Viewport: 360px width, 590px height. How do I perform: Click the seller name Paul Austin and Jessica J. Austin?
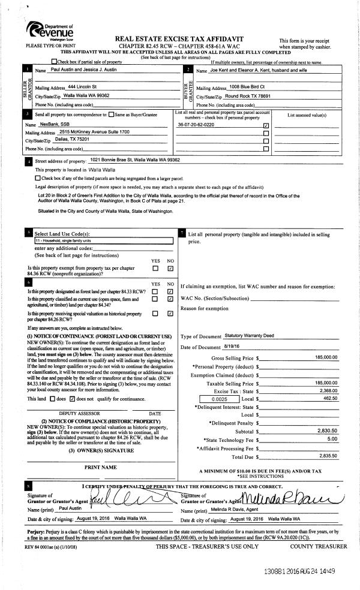(x=86, y=71)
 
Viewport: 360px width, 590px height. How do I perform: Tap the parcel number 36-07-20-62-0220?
(x=196, y=125)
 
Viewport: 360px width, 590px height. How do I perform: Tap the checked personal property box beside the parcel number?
(x=266, y=126)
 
